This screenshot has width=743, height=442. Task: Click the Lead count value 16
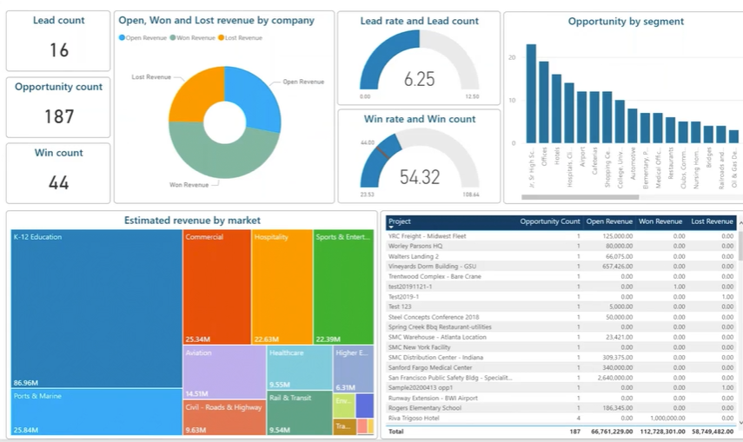[x=58, y=50]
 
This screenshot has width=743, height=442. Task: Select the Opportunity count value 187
[x=58, y=116]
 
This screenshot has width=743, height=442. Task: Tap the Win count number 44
[x=58, y=182]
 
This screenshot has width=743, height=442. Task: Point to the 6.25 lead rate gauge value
[x=419, y=79]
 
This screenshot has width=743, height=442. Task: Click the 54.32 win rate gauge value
[x=419, y=177]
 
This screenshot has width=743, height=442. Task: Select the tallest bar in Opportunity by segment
[x=531, y=94]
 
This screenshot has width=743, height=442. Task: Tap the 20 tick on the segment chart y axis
[x=513, y=57]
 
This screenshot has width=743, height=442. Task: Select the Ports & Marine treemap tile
[x=96, y=412]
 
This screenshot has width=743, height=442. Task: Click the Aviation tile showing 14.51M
[x=224, y=373]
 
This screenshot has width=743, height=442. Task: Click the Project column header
[x=400, y=222]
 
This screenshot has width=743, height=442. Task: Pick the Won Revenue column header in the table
[x=661, y=222]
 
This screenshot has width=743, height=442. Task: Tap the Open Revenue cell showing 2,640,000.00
[x=607, y=378]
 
